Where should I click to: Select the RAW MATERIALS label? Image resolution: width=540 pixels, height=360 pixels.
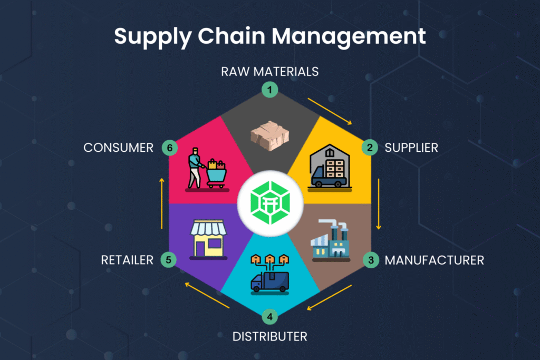click(x=269, y=72)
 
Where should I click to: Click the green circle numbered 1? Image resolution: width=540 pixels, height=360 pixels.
click(x=269, y=90)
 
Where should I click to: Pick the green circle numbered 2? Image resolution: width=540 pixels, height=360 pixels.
click(x=370, y=147)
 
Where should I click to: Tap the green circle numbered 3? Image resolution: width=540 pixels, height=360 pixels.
click(x=371, y=260)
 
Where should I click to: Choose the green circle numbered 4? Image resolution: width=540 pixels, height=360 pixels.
click(x=269, y=317)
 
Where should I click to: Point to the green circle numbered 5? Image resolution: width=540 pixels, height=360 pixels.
click(x=169, y=259)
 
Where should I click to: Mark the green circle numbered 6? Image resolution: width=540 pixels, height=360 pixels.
click(x=170, y=148)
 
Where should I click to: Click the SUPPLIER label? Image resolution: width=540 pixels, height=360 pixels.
click(x=411, y=148)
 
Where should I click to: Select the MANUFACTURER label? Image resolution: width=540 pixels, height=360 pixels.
click(x=435, y=260)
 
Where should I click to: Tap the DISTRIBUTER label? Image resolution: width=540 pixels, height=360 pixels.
click(x=269, y=337)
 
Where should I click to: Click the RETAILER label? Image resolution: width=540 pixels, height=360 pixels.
click(x=127, y=260)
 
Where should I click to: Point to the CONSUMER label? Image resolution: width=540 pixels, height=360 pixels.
click(x=119, y=148)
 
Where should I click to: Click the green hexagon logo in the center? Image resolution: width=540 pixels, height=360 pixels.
click(x=270, y=203)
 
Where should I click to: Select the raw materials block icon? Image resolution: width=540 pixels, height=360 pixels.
click(x=269, y=135)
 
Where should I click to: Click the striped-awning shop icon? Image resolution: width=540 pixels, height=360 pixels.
click(x=208, y=239)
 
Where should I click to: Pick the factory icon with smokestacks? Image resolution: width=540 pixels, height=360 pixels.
click(x=331, y=240)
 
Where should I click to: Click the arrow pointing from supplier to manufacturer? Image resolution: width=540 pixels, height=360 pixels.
click(x=379, y=204)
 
